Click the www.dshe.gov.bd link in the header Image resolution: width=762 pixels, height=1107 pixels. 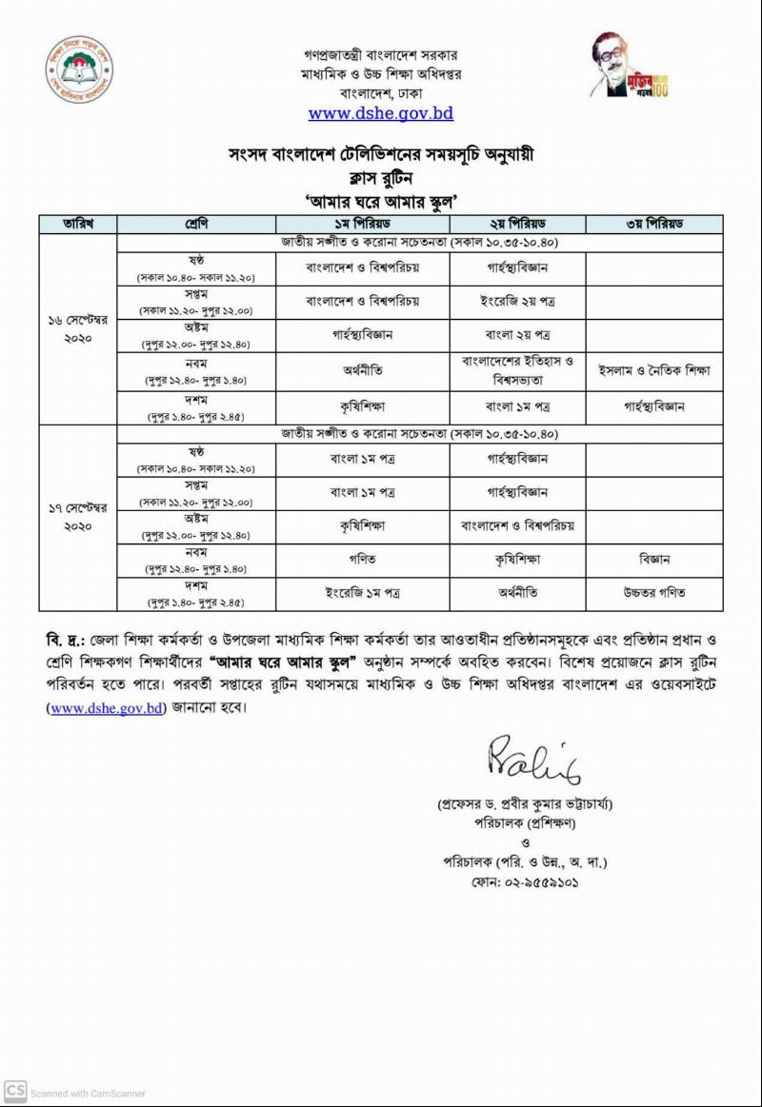380,113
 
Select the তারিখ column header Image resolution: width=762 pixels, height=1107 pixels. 77,224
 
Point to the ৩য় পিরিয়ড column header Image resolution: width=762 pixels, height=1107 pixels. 654,224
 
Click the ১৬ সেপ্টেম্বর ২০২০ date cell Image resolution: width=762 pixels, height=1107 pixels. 77,328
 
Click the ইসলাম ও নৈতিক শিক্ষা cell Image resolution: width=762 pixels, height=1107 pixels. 654,370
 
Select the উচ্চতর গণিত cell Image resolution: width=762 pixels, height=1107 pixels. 654,592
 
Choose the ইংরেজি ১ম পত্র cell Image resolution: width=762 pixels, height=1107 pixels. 362,592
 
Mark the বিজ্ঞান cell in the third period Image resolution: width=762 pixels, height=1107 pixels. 654,560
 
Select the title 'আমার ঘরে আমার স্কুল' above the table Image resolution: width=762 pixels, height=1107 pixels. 380,200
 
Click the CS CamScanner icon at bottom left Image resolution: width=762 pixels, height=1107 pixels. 14,1091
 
